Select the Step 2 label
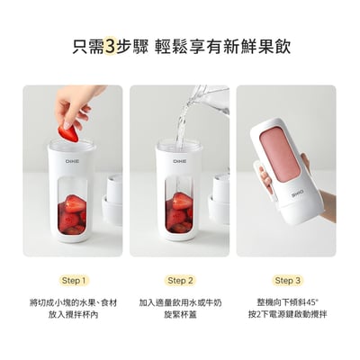coord(180,280)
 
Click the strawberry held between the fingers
coord(67,133)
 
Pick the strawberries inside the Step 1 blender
coord(72,214)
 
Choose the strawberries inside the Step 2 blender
coord(180,213)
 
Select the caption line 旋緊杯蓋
coord(180,315)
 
